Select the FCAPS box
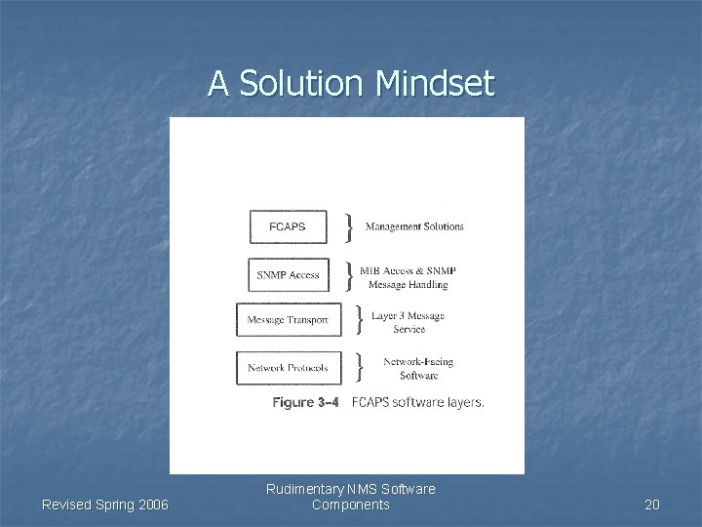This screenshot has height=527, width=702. pos(288,226)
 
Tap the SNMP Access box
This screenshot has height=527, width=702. pos(288,275)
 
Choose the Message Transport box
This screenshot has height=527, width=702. pos(289,319)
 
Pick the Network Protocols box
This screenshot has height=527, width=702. pos(289,368)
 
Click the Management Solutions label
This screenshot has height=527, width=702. pos(414,226)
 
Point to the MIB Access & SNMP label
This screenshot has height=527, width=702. pos(408,270)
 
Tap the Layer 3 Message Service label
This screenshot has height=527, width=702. pos(409,322)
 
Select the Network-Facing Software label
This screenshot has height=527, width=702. pos(418,368)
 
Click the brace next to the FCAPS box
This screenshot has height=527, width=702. pos(349,227)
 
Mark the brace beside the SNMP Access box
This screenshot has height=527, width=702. pos(349,275)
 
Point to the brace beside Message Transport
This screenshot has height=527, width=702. pos(360,319)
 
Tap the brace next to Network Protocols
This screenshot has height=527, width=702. pos(360,368)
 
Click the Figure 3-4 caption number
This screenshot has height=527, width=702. pos(306,402)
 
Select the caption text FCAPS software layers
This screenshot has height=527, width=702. pos(417,402)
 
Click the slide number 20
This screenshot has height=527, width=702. pos(652,505)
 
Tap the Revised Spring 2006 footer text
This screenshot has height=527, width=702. pos(105,505)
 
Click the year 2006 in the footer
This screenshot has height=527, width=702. pos(150,505)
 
